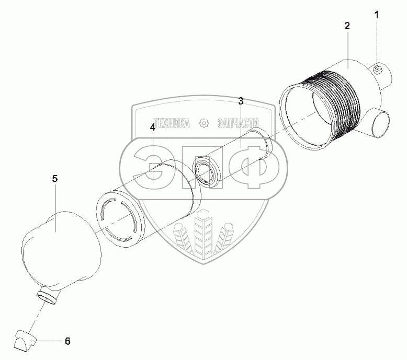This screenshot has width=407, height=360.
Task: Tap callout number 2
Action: [x=347, y=26]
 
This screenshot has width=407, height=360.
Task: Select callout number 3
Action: [x=241, y=100]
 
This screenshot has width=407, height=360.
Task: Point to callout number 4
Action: [x=152, y=127]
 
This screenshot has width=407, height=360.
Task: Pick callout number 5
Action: [x=55, y=179]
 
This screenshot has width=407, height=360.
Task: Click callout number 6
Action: [x=67, y=341]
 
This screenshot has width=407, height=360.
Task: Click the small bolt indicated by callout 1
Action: [x=379, y=68]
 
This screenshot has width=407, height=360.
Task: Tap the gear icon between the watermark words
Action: [x=205, y=123]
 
